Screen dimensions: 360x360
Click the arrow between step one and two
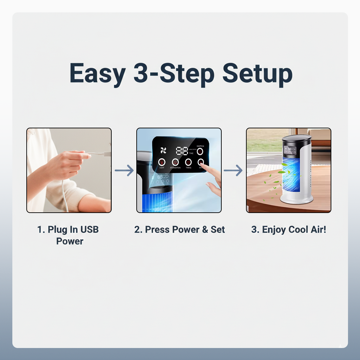(x=124, y=171)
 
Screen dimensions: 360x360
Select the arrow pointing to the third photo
(x=233, y=171)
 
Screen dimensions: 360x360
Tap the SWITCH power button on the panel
(x=200, y=152)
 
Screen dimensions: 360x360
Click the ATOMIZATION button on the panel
(x=175, y=162)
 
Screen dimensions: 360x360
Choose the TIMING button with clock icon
(x=188, y=162)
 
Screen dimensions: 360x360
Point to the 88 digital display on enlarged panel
(x=182, y=151)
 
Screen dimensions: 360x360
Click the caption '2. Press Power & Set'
(x=179, y=230)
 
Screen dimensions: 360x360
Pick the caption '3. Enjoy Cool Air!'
(x=288, y=230)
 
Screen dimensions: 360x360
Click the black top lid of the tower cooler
(x=297, y=139)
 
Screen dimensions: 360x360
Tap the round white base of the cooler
(x=296, y=199)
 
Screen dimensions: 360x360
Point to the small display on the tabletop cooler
(x=290, y=150)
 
